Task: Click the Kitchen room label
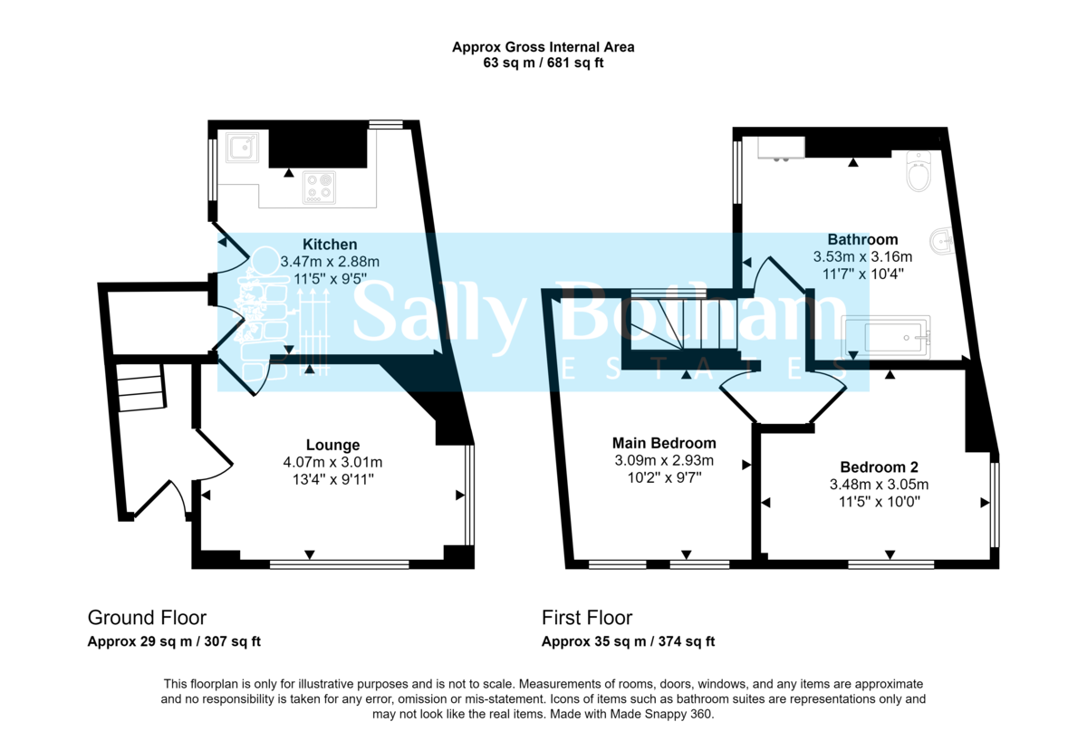pos(330,245)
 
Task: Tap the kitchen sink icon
pos(243,148)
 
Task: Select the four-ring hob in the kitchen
pos(320,185)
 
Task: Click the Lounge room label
pos(332,445)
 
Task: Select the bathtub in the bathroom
pos(886,336)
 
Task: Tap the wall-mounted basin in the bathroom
pos(942,240)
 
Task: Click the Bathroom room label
pos(861,240)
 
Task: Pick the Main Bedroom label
pos(664,443)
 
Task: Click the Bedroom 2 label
pos(879,467)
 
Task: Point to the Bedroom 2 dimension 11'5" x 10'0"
pos(879,501)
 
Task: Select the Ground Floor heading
pos(147,618)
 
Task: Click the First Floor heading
pos(587,618)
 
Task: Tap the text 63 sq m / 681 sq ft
pos(543,63)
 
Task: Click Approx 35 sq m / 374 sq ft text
pos(628,642)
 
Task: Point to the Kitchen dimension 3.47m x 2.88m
pos(330,262)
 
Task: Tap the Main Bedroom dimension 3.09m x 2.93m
pos(664,460)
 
